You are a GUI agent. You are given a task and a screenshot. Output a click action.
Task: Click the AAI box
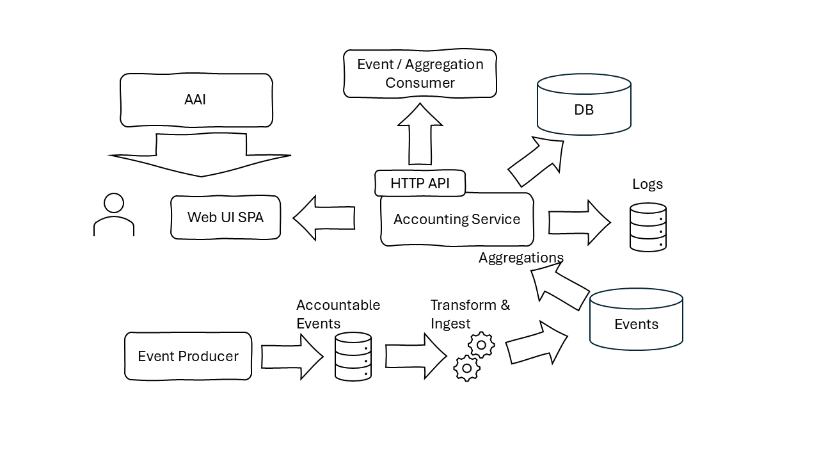click(x=196, y=100)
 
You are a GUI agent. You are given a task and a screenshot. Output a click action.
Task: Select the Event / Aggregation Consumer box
click(x=420, y=74)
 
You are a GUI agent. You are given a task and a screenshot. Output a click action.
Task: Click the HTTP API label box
click(x=420, y=183)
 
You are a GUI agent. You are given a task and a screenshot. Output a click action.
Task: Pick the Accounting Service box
click(x=457, y=220)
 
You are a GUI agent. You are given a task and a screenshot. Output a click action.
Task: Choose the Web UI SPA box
click(x=225, y=218)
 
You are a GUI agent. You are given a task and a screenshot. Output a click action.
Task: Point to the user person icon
click(x=114, y=215)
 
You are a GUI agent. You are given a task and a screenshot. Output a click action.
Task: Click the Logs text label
click(x=648, y=184)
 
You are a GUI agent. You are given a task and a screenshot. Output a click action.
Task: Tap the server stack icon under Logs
click(x=648, y=227)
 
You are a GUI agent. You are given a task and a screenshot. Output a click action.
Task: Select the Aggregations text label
click(x=521, y=258)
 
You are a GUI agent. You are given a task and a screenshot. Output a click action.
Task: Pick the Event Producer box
click(x=188, y=357)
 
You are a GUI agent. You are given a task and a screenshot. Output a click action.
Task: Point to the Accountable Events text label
click(x=338, y=314)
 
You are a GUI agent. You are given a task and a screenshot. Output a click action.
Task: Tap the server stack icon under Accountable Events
click(x=353, y=357)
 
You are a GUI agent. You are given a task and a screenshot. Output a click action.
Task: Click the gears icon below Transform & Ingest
click(x=473, y=357)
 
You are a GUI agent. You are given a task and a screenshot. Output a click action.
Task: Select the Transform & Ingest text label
click(x=470, y=314)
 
